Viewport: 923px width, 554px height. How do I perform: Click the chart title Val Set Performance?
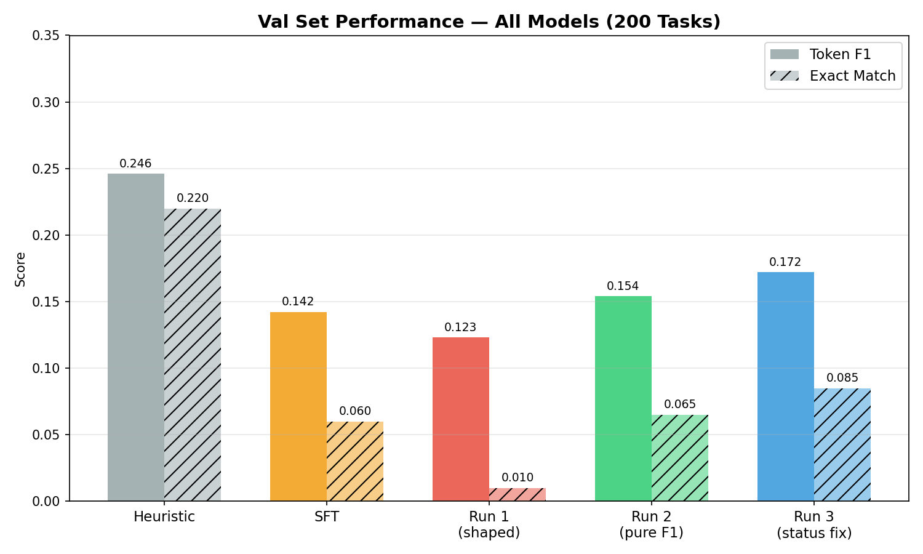coord(489,22)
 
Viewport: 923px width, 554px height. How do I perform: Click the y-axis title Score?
coord(20,269)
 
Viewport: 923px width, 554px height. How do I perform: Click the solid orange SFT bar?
coord(298,406)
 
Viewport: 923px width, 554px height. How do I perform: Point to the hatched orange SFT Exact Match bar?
coord(355,461)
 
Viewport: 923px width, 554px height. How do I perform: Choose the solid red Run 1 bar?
coord(461,419)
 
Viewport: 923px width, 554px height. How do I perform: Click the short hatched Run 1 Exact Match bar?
coord(517,494)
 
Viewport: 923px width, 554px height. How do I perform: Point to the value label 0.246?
coord(135,164)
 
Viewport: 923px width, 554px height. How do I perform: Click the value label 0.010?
coord(517,478)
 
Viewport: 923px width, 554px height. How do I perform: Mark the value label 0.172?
coord(785,262)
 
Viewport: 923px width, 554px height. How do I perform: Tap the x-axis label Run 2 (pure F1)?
coord(651,524)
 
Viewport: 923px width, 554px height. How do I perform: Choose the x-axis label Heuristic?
coord(164,517)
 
